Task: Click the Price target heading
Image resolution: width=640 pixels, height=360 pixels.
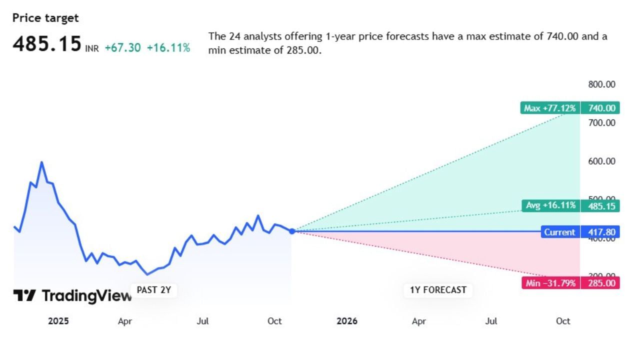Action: coord(45,18)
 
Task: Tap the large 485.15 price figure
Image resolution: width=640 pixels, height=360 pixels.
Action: coord(46,44)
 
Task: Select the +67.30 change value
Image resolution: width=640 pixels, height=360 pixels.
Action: coord(122,48)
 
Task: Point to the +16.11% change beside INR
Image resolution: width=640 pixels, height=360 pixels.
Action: coord(168,48)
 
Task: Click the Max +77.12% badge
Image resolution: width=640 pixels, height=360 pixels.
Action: coord(549,108)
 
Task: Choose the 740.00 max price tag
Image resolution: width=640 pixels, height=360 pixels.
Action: coord(600,108)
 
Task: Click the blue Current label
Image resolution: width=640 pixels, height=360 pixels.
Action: coord(559,232)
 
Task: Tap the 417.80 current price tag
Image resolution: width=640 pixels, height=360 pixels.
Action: coord(600,232)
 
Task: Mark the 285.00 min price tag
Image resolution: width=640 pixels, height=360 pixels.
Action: coord(600,283)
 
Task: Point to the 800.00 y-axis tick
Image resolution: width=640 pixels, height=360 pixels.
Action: coord(601,84)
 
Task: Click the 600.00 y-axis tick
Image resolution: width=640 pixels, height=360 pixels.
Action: coord(601,161)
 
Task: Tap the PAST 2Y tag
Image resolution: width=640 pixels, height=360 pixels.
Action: coord(154,290)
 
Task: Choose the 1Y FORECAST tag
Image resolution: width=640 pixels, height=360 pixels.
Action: coord(438,290)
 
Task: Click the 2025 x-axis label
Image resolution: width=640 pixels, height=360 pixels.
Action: coord(58,321)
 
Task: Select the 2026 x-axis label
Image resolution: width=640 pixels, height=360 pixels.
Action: coord(347,321)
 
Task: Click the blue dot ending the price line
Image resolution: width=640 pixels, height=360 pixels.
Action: coord(292,231)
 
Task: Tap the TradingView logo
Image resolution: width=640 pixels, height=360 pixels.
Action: coord(72,296)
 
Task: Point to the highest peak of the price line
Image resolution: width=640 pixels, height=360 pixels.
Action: coord(41,162)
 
